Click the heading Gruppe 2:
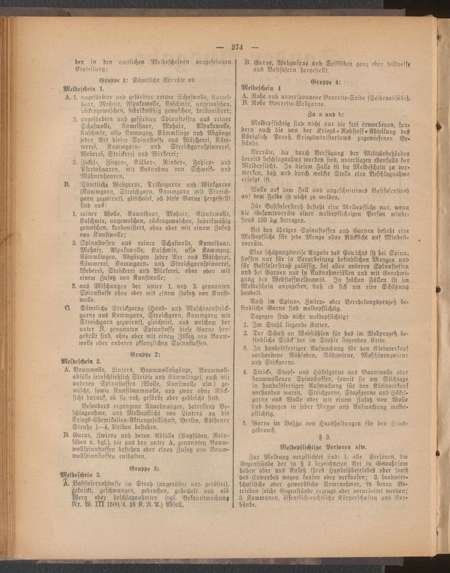click(x=141, y=354)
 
